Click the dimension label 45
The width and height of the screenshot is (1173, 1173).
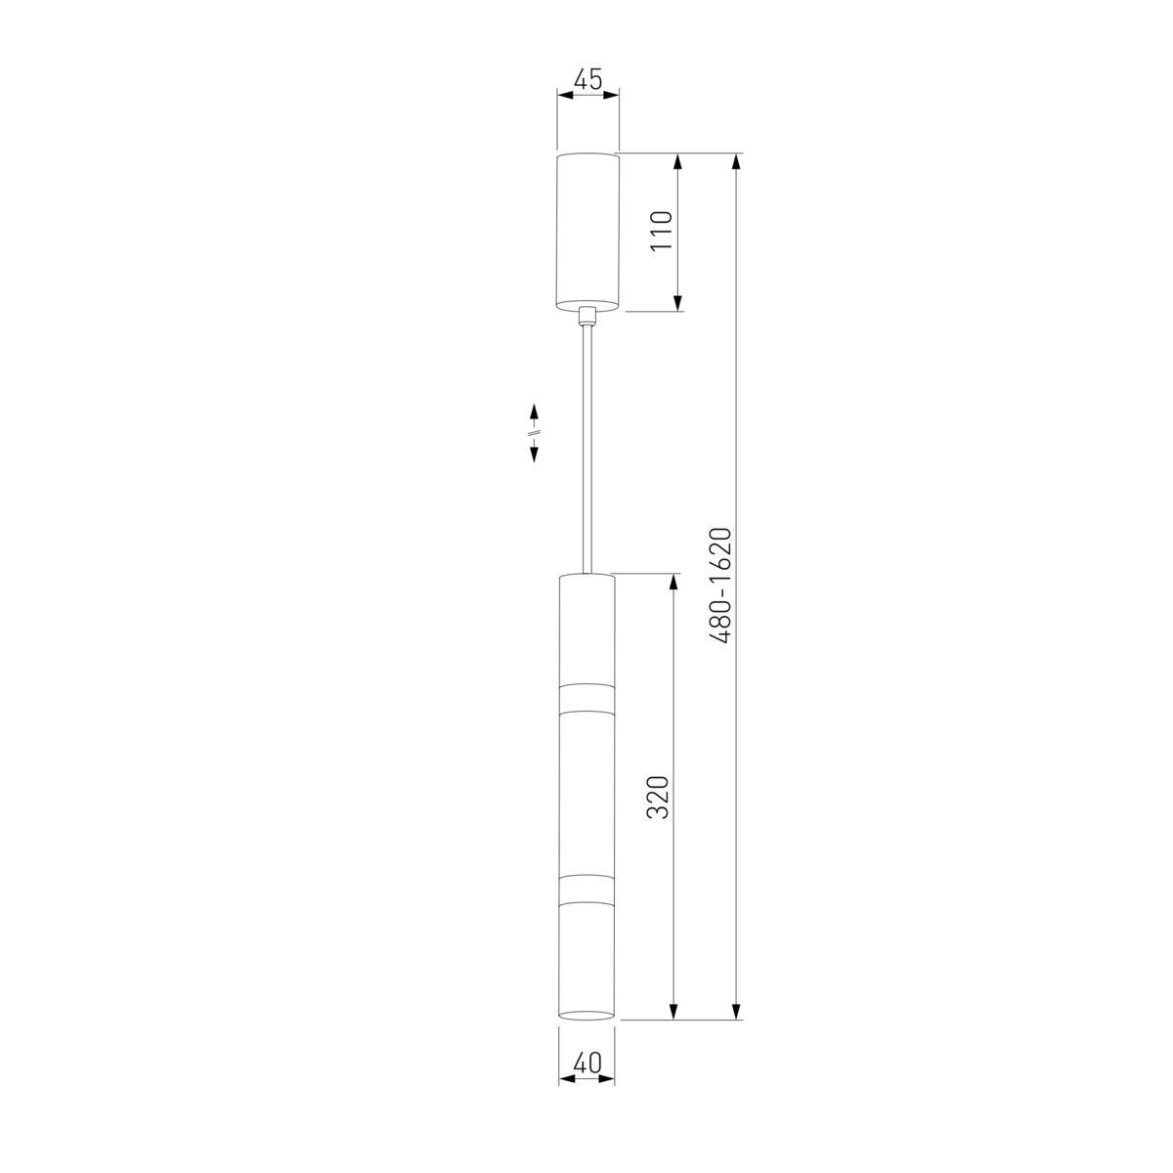(x=588, y=80)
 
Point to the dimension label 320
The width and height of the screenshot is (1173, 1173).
(x=658, y=797)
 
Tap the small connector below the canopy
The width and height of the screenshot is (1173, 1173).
(x=586, y=315)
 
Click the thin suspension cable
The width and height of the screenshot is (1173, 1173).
(x=586, y=448)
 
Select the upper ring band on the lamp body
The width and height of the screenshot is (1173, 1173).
(x=586, y=698)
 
